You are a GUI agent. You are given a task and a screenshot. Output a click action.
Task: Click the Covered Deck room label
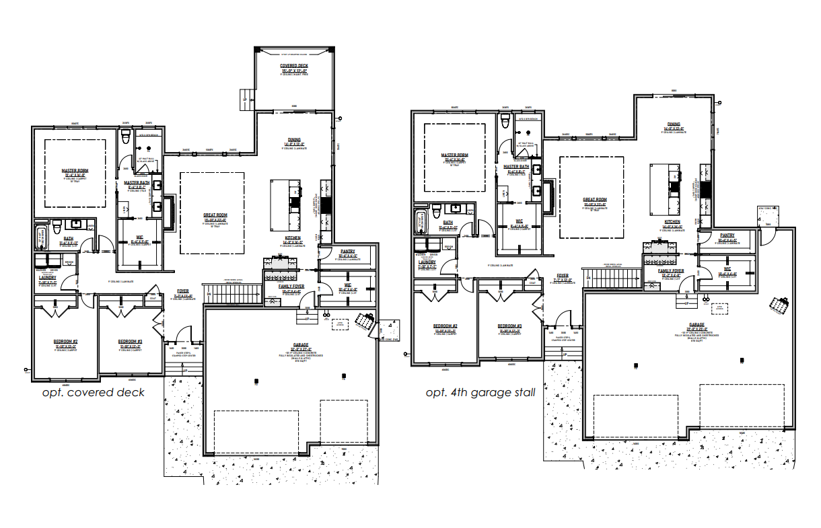pos(293,66)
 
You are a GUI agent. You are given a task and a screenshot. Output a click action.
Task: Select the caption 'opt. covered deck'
pos(93,392)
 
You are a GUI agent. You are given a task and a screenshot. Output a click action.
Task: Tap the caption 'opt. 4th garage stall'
pos(480,392)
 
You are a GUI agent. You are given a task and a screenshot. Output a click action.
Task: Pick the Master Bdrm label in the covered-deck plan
pos(74,171)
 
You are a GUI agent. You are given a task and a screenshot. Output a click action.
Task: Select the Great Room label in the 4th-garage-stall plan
pos(594,200)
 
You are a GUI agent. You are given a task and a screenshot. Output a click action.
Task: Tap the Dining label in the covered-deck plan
pos(295,139)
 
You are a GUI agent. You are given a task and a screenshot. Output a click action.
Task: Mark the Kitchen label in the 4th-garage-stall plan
pos(672,221)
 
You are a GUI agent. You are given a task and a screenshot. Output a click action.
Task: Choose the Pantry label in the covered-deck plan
pos(347,251)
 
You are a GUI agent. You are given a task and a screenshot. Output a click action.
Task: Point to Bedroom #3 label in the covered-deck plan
pos(131,341)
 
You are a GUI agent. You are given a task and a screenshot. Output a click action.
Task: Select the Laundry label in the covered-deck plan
pos(47,277)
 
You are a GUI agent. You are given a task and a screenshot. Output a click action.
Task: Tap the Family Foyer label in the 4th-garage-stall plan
pos(671,270)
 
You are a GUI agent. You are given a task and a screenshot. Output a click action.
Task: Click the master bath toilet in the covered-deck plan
pos(124,137)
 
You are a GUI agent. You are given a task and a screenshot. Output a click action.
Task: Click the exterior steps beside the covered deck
pos(248,99)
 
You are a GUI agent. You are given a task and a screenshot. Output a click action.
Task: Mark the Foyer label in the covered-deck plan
pos(183,291)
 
